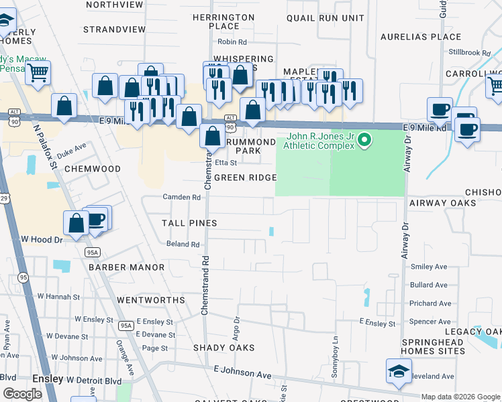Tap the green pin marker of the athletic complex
click(364, 140)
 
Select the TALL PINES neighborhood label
click(189, 222)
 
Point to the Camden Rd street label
click(182, 198)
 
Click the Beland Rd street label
click(183, 245)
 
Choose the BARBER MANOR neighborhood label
click(126, 267)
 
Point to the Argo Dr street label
click(236, 328)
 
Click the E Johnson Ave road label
click(242, 370)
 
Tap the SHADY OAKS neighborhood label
click(223, 348)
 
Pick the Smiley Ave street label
click(428, 267)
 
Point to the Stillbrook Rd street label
click(469, 52)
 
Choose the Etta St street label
click(226, 162)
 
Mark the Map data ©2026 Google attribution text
click(460, 397)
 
